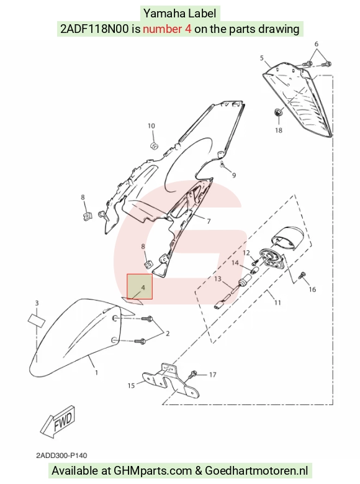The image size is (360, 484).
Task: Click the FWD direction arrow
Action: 58,421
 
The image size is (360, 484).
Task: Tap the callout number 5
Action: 262,58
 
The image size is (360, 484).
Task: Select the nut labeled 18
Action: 278,112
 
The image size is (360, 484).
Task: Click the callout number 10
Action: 151,126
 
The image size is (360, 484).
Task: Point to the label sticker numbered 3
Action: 37,320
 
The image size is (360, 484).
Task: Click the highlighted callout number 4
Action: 143,288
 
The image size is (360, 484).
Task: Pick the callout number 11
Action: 277,303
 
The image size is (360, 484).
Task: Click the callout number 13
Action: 218,279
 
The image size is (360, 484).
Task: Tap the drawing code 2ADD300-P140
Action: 61,455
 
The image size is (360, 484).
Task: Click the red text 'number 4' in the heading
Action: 167,29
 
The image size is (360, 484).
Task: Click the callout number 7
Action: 209,221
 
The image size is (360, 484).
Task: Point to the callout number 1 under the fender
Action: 97,373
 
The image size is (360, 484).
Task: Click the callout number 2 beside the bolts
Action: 168,334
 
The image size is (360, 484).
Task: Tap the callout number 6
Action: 316,44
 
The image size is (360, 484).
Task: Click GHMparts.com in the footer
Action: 153,471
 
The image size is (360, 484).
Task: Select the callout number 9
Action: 234,175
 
